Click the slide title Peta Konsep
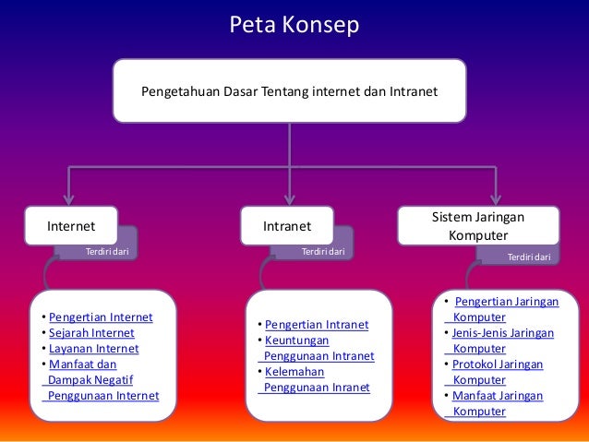click(x=294, y=25)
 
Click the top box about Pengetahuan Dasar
click(x=289, y=92)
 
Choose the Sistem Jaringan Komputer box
click(x=478, y=225)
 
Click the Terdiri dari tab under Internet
click(x=106, y=250)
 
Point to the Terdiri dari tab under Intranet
click(x=323, y=250)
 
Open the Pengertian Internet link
click(x=101, y=317)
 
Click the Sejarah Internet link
click(x=91, y=333)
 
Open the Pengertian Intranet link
click(x=317, y=325)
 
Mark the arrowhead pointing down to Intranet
click(x=290, y=196)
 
